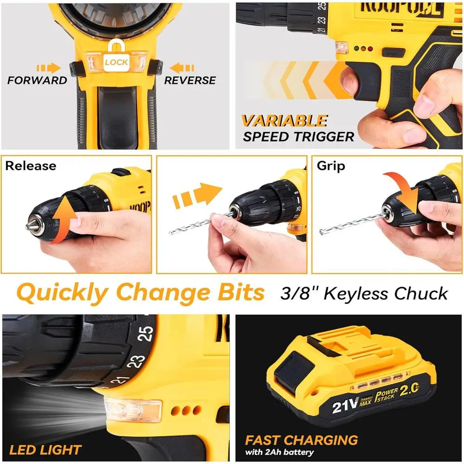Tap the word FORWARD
click(37, 80)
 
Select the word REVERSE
click(190, 80)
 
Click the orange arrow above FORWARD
click(49, 68)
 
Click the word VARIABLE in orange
click(284, 121)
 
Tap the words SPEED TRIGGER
click(298, 136)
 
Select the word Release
click(31, 166)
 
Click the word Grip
click(331, 166)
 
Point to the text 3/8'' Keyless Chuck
click(364, 293)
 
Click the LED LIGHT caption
click(45, 450)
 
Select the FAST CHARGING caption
click(302, 440)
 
